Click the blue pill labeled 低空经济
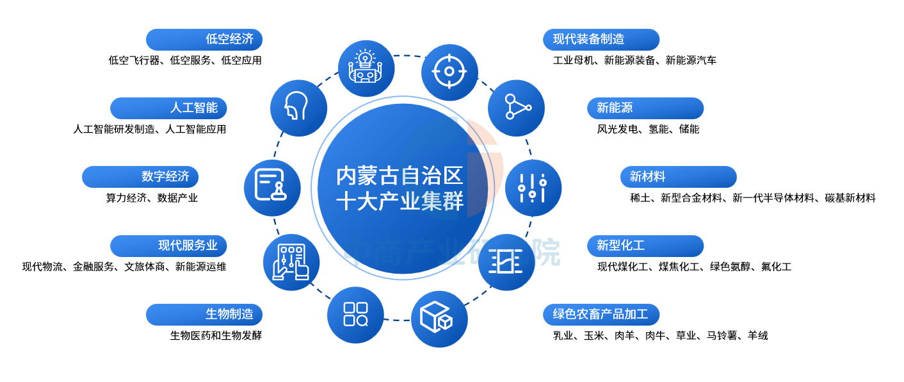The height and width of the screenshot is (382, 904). tap(204, 40)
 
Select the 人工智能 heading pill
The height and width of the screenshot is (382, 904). tap(168, 108)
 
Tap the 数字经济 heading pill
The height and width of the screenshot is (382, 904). tap(140, 177)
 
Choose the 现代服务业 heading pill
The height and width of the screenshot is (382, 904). tap(168, 245)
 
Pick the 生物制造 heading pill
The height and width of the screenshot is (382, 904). tap(204, 315)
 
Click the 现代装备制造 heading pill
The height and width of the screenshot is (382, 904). tap(601, 40)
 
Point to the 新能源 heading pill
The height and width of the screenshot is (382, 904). tap(645, 108)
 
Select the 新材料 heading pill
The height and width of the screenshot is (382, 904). tap(679, 177)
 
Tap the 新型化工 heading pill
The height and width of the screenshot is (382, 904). tap(645, 245)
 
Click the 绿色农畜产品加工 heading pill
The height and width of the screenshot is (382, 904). tap(601, 315)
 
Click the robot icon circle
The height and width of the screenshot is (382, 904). tap(366, 69)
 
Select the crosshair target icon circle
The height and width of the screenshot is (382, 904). tap(449, 72)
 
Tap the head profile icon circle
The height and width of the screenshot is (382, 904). tap(298, 108)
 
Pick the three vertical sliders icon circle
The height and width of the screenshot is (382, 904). tap(533, 188)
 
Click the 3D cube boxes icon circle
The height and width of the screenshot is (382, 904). tap(439, 319)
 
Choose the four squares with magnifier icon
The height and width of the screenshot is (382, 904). tap(355, 315)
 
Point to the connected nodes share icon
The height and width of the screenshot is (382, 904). tap(516, 108)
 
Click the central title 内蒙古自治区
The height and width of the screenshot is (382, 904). tap(400, 176)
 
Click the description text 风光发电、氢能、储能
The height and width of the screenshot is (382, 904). tap(648, 129)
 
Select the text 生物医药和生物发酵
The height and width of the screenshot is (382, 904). tap(216, 335)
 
